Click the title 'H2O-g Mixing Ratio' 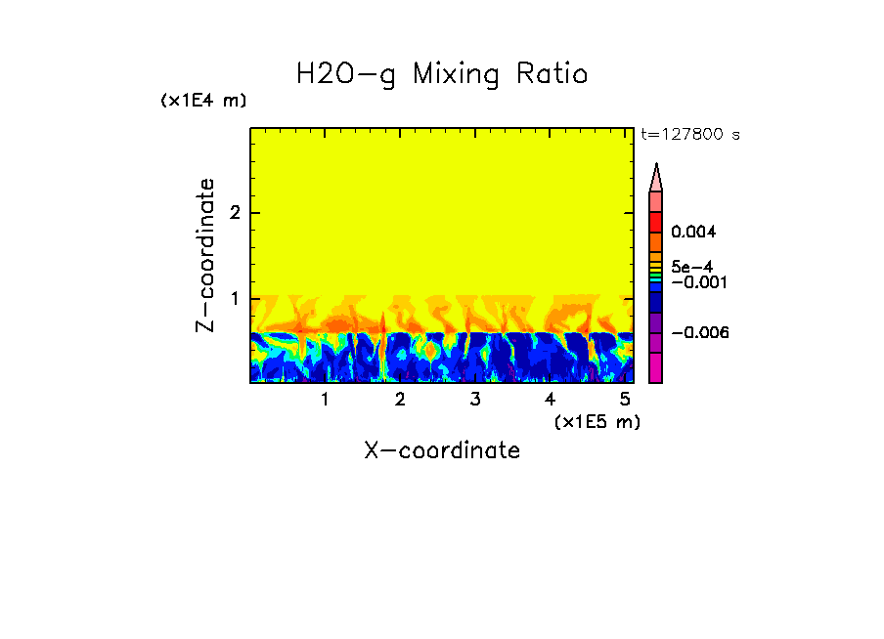pos(442,74)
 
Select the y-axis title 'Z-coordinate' pos(205,255)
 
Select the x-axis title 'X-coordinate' pos(442,450)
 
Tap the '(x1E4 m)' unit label pos(203,101)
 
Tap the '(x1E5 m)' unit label pos(597,421)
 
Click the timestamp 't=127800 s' pos(689,135)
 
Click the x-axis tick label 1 pos(325,400)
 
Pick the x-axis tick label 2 pos(400,400)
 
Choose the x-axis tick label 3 pos(474,400)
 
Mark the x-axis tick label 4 pos(550,400)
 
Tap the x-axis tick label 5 pos(624,400)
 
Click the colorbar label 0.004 pos(693,233)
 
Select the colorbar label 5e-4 pos(690,267)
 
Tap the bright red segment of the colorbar pos(656,221)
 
